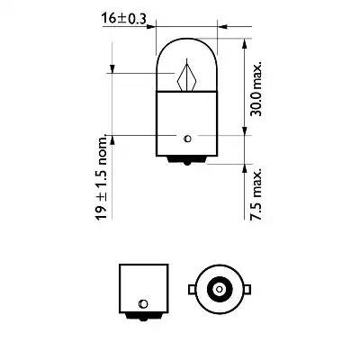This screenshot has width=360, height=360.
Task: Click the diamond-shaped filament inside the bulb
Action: tap(187, 76)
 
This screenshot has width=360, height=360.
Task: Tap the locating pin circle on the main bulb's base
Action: tap(186, 137)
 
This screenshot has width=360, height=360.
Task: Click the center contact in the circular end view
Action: tap(217, 289)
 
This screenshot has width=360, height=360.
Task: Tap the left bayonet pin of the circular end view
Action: tap(190, 289)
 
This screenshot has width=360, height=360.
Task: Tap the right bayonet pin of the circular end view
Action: tap(244, 289)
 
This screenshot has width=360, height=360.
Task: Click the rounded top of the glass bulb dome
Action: tap(186, 40)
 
